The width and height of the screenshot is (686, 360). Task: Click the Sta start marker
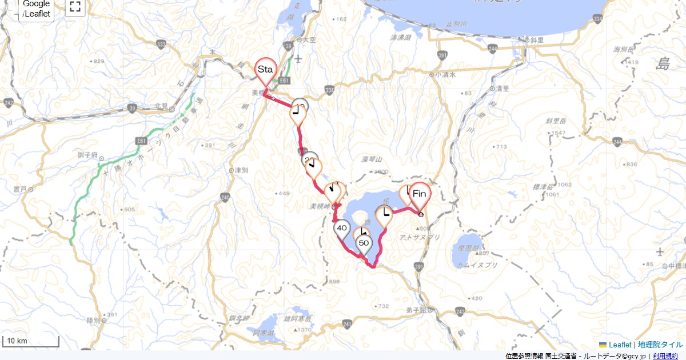265,70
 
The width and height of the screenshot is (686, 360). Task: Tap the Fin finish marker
420,194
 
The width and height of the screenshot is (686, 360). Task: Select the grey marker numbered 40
342,229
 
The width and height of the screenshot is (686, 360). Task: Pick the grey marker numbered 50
364,243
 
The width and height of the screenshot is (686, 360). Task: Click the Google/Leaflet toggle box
37,10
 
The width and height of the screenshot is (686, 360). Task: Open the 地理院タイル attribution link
660,345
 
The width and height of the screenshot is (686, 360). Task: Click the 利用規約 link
665,356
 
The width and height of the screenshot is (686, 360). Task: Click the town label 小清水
445,74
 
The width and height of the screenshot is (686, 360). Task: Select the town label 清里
502,89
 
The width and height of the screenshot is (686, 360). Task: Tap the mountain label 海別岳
621,50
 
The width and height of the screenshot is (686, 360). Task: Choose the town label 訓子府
87,155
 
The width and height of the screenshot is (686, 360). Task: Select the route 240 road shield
225,198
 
